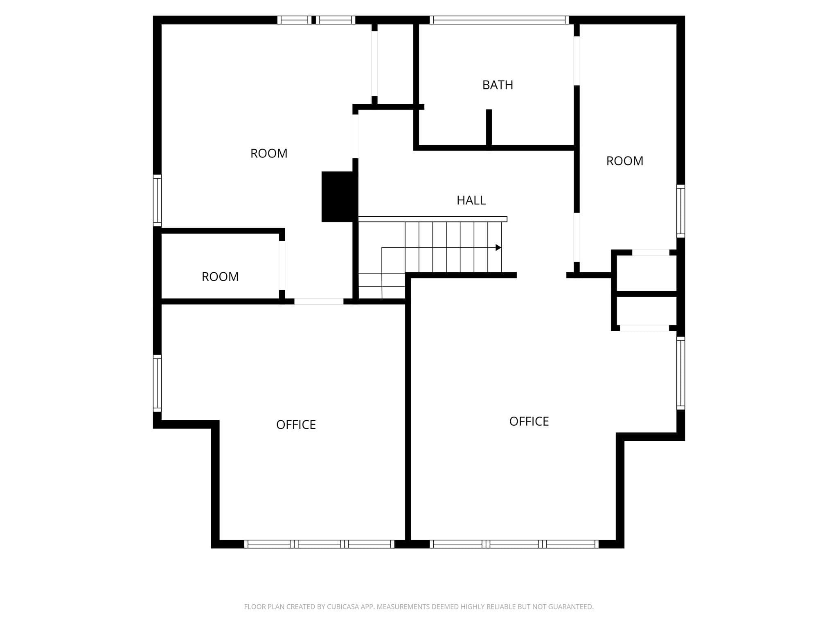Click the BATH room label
coord(498,85)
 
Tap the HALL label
coord(471,200)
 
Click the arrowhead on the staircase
coord(498,247)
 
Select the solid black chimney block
coord(340,197)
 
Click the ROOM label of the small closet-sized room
coord(220,277)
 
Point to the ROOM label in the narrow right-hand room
coord(624,161)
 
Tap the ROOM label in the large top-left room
coord(269,153)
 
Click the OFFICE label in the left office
coord(296,425)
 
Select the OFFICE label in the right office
coord(529,422)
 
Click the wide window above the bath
coord(499,20)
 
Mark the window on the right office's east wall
coord(680,373)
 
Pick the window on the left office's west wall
coord(157,383)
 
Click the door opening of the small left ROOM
coord(282,265)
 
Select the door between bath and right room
coord(577,61)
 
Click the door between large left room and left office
coord(319,301)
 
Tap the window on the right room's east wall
coord(680,211)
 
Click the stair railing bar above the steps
coord(433,219)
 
